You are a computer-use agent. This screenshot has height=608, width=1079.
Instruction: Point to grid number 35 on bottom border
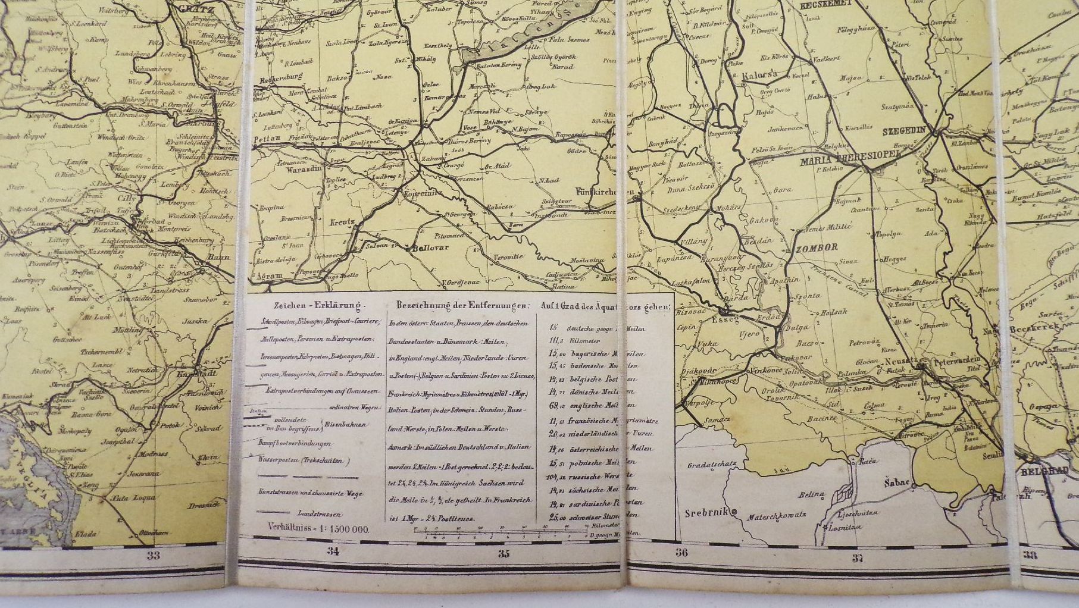[x=503, y=554]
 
